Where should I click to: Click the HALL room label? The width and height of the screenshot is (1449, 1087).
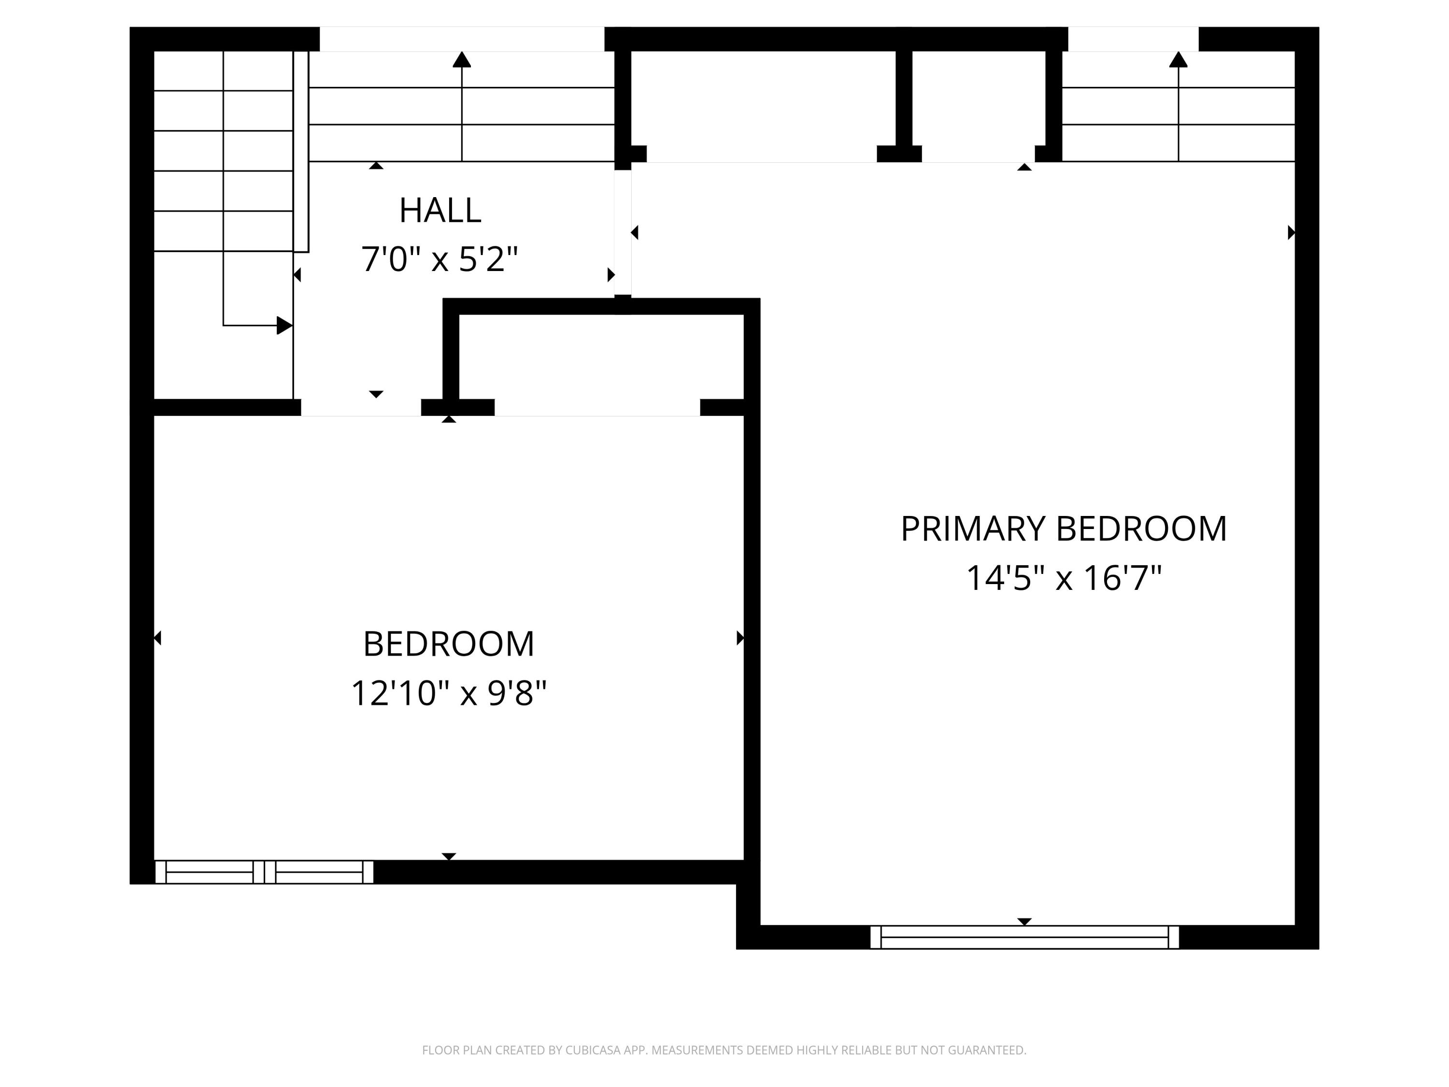click(440, 210)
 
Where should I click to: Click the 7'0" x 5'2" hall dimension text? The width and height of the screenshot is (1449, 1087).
click(440, 259)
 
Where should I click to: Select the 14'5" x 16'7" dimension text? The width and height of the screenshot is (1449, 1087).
click(1064, 579)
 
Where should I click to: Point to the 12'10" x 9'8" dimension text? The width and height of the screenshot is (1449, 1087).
click(449, 693)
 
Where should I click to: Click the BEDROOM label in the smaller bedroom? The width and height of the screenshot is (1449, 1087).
click(449, 644)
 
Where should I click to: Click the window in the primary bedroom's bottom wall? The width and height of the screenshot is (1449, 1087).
click(1024, 937)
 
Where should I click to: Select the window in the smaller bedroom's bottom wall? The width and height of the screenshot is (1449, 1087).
click(264, 872)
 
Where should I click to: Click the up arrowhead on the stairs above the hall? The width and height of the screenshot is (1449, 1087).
click(462, 59)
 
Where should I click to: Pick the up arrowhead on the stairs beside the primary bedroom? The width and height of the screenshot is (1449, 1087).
click(1178, 59)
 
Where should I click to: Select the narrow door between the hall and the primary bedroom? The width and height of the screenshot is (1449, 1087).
click(622, 232)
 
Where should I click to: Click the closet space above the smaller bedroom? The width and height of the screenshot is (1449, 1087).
click(601, 357)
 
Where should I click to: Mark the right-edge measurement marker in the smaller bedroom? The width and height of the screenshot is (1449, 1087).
click(739, 638)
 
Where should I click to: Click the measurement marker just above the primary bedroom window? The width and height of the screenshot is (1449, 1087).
click(1024, 921)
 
